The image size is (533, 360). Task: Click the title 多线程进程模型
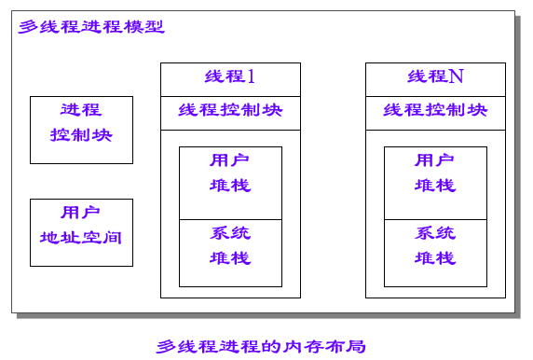click(x=90, y=26)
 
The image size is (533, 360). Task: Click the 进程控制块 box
click(x=81, y=130)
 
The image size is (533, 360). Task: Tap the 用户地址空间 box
click(x=81, y=232)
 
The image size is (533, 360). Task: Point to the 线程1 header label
click(x=230, y=78)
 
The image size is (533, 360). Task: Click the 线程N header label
click(x=435, y=78)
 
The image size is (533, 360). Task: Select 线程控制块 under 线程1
click(x=230, y=110)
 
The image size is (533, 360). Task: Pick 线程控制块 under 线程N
click(x=435, y=110)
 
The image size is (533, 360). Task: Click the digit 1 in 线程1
click(x=251, y=77)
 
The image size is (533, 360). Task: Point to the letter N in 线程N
click(x=456, y=77)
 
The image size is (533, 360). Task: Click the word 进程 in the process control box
click(x=81, y=110)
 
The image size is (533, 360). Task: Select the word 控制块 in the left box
click(x=81, y=134)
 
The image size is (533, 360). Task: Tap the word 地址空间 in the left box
click(x=81, y=237)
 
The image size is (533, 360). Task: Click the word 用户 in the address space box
click(x=81, y=213)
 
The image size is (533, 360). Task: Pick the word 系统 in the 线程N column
click(x=435, y=233)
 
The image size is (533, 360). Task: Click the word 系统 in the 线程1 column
click(x=230, y=233)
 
